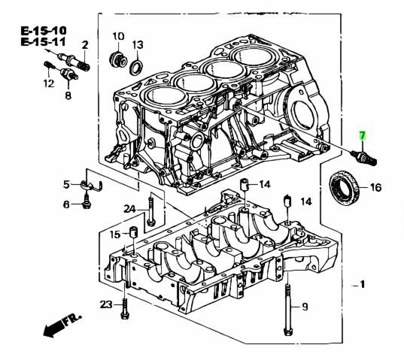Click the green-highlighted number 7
[363, 135]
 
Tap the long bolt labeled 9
[288, 309]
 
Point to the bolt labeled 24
[150, 211]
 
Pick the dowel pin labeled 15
[133, 232]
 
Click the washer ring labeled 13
[136, 68]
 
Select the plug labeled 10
[118, 59]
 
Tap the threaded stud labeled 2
[74, 62]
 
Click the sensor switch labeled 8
[69, 74]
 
